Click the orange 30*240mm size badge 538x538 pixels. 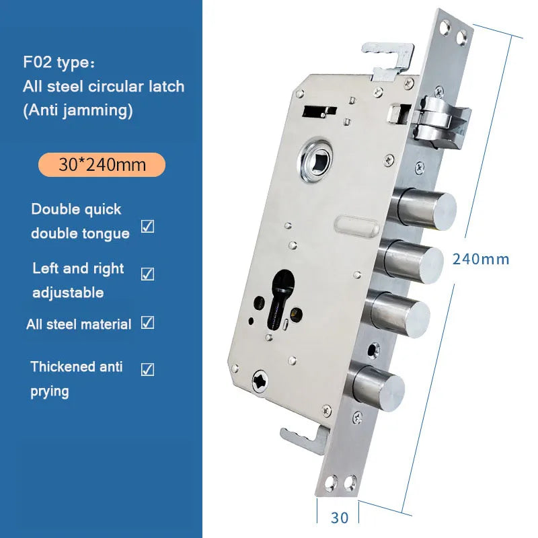[102, 165]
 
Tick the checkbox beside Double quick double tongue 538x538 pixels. [147, 226]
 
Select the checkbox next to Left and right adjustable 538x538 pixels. [147, 274]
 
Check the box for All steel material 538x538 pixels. [147, 323]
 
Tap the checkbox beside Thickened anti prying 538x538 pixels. [147, 369]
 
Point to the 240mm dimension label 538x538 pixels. [481, 260]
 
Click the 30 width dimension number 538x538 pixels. [340, 518]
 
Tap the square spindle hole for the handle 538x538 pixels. [317, 161]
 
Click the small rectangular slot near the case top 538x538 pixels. [319, 112]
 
